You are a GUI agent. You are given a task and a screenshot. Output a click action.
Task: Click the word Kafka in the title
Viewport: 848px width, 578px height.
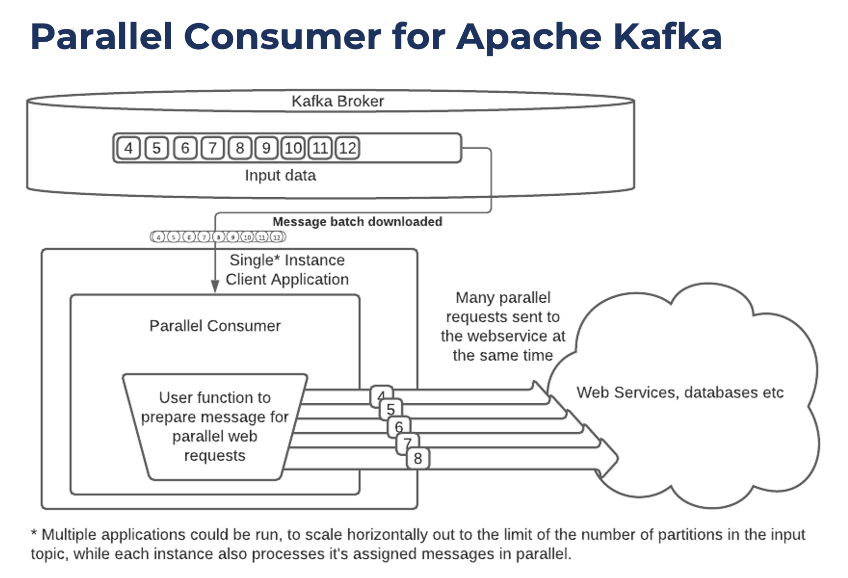tap(667, 37)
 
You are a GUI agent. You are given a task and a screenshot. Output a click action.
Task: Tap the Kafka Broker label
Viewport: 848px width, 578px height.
tap(338, 101)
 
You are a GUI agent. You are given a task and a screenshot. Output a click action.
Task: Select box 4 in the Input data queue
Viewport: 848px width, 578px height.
tap(129, 148)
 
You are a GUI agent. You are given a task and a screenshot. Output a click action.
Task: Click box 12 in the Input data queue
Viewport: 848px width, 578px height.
tap(347, 148)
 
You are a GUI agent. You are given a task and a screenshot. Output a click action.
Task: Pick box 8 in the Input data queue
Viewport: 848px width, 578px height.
tap(239, 148)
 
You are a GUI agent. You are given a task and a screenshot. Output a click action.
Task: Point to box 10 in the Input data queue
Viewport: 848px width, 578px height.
tap(293, 148)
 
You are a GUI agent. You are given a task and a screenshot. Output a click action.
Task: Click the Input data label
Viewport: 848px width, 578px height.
tap(280, 175)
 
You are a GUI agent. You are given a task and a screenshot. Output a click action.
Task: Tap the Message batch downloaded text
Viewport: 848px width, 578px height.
tap(357, 222)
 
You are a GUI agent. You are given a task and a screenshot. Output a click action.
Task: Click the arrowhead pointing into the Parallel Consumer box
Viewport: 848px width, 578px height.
tap(215, 287)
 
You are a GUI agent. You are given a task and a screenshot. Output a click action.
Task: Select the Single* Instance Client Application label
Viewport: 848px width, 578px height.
tap(287, 269)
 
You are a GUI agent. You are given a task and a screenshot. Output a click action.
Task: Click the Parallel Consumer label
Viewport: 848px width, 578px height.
tap(215, 326)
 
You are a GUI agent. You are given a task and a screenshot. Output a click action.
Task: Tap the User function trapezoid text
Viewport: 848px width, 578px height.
tap(215, 426)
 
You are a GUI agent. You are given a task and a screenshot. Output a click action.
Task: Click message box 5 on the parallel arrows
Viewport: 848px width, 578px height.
tap(391, 409)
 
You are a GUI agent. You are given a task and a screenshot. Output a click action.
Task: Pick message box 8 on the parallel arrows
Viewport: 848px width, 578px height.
tap(418, 458)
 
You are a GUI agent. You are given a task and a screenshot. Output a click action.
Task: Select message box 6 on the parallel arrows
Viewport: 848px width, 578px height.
tap(399, 426)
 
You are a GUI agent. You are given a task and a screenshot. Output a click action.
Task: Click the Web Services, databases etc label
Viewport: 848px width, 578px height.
tap(680, 393)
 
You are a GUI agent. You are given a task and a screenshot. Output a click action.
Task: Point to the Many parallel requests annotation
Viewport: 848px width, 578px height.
tap(503, 326)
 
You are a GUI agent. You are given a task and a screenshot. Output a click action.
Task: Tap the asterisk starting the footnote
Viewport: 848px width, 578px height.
tap(34, 532)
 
